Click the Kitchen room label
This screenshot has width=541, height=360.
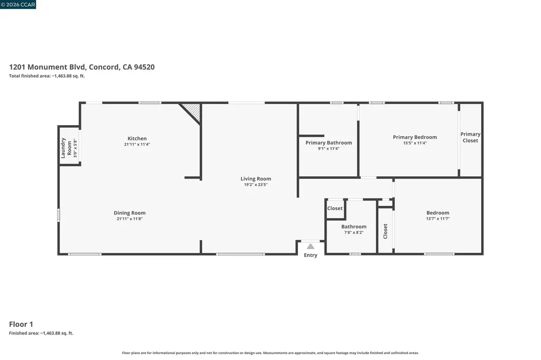137,138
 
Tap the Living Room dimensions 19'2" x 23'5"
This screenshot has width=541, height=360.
256,184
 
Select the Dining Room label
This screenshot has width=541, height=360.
130,213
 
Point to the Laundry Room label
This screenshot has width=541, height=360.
66,148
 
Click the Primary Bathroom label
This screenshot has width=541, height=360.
329,143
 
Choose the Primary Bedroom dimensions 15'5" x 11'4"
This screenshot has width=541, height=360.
415,143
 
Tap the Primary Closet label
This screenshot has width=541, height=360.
470,137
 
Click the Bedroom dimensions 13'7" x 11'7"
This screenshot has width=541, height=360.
438,219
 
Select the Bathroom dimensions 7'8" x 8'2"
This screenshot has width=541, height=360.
353,232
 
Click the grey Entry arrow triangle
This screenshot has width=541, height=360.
311,246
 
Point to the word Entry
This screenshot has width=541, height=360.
311,255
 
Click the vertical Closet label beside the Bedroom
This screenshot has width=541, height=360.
385,231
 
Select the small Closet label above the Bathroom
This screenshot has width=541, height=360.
334,209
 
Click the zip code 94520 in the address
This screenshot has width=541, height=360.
144,67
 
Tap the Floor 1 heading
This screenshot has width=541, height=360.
21,324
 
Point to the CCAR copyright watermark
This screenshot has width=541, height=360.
18,4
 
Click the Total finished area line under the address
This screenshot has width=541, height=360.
47,76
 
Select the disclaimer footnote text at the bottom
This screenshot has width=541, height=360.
270,353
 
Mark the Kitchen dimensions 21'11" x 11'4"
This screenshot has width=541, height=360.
137,145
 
